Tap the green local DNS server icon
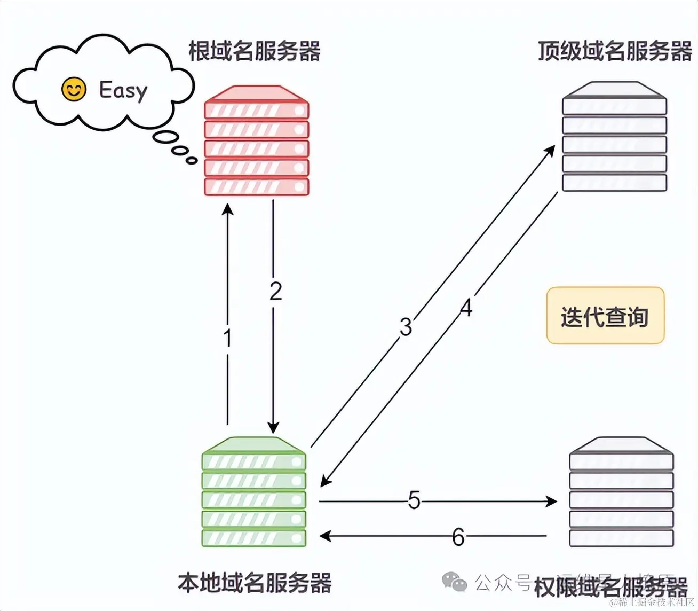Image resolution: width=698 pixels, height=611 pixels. [254, 492]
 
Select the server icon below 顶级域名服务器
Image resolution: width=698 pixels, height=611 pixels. [614, 137]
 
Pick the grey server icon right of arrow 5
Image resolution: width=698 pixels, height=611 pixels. [621, 492]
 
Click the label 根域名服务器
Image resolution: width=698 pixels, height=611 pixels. [254, 51]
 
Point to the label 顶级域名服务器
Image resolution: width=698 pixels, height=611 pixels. [615, 51]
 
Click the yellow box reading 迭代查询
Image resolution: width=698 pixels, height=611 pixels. [605, 316]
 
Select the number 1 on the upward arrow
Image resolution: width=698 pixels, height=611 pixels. [227, 338]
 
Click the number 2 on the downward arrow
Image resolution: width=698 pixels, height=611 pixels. [275, 291]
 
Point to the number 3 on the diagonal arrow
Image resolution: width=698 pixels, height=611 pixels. [406, 326]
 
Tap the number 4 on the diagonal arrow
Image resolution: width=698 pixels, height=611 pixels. [466, 308]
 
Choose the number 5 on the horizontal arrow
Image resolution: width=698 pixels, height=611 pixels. [414, 500]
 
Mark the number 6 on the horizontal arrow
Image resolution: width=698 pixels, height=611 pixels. [458, 537]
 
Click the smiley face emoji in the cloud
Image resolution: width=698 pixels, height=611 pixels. [74, 89]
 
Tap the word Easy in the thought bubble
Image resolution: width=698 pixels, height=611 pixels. [123, 90]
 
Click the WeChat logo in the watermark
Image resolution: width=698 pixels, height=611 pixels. [454, 582]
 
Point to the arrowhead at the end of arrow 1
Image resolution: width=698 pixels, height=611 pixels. [228, 208]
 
